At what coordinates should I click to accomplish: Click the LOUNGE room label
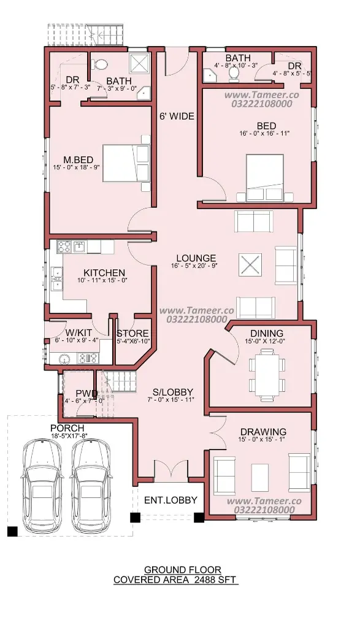[196, 258]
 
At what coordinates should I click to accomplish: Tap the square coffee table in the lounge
[250, 265]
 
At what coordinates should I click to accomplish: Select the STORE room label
[132, 334]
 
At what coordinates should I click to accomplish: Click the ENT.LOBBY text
[170, 500]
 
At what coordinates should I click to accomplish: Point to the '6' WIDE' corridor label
[177, 117]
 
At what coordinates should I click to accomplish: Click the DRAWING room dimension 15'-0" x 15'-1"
[263, 440]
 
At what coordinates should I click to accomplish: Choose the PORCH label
[67, 428]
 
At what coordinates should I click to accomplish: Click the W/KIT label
[79, 333]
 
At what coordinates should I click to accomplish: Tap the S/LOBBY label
[173, 392]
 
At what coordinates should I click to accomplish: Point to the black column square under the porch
[12, 531]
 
